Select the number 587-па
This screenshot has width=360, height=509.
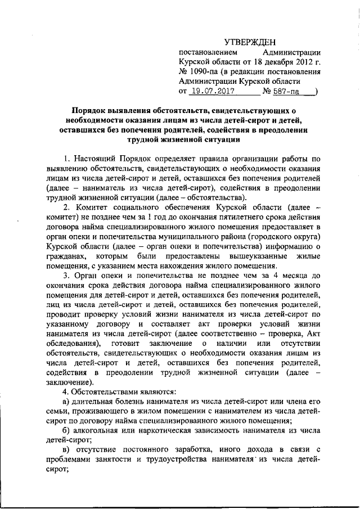[x=287, y=90]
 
